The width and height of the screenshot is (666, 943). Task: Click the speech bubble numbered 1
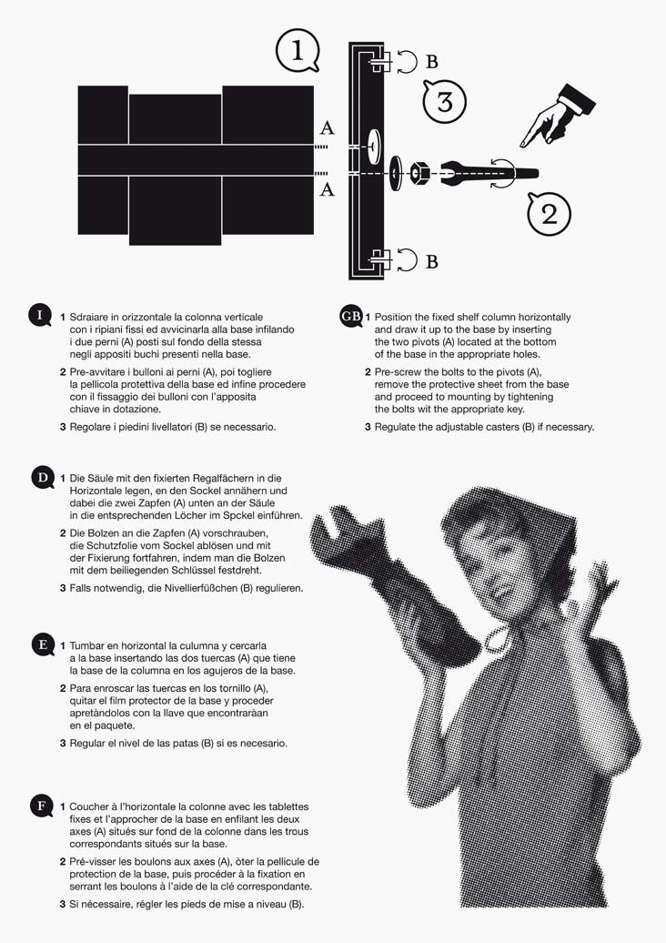click(x=297, y=51)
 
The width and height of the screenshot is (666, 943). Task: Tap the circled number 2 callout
click(x=549, y=213)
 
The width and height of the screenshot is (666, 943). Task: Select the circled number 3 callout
click(x=445, y=101)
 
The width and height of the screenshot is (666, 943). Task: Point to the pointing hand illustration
click(x=557, y=116)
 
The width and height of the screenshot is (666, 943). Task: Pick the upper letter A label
click(x=327, y=127)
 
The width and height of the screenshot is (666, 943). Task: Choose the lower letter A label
click(x=327, y=189)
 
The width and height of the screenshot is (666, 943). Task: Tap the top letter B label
click(x=431, y=61)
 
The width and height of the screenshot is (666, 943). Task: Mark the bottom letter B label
click(x=431, y=261)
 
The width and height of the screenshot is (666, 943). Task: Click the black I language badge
click(x=40, y=316)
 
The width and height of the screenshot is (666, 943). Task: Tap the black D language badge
click(x=43, y=478)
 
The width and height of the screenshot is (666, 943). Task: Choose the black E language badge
click(x=43, y=644)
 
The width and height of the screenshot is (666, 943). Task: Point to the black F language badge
click(x=42, y=806)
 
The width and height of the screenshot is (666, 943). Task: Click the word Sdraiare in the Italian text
click(x=89, y=317)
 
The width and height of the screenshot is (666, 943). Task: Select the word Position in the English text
click(x=394, y=317)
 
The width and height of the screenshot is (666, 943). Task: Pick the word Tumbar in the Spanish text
click(x=86, y=646)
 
